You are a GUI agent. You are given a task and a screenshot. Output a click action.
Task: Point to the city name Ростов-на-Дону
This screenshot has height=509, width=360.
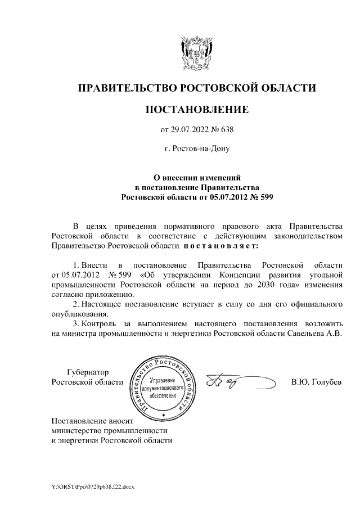coord(196,149)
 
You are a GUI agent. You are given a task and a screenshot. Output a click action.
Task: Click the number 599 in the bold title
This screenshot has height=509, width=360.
coord(264,197)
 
